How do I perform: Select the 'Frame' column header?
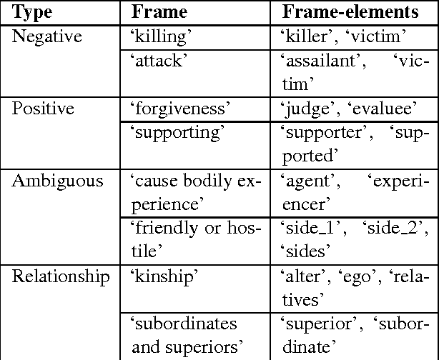159,12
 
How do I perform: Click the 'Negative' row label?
47,36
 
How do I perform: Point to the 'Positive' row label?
42,108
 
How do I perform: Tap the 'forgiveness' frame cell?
179,108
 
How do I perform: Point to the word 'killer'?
307,36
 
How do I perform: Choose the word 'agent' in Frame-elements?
306,181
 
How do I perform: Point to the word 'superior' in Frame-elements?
314,324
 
